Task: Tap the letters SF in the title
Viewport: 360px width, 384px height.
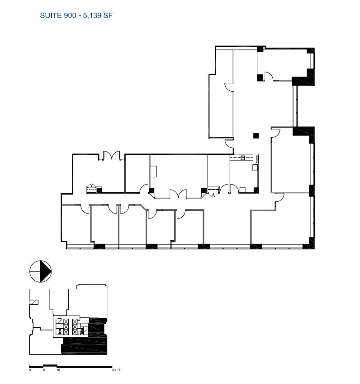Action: pos(108,15)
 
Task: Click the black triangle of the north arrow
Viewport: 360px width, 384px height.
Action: pos(46,272)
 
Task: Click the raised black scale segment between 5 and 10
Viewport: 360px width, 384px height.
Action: pos(50,365)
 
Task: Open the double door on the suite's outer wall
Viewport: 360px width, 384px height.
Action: pos(111,156)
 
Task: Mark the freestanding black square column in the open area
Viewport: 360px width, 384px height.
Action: pos(256,135)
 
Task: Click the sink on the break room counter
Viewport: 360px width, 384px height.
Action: pos(243,158)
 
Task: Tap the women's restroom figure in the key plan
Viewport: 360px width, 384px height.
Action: pos(60,331)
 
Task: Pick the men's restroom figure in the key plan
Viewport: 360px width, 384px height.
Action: pos(81,331)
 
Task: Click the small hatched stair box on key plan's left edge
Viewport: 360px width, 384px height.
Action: pos(33,302)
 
